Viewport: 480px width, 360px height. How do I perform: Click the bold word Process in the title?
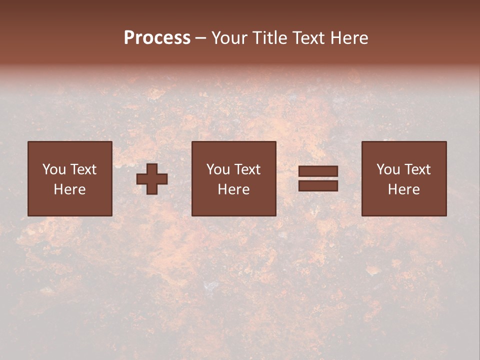(157, 38)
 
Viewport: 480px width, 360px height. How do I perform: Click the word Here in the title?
(349, 38)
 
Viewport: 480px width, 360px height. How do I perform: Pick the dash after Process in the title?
(201, 38)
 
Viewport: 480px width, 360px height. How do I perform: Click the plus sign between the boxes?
(152, 179)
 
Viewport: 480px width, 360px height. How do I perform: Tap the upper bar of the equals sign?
(318, 171)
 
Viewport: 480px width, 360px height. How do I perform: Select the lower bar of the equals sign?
(318, 186)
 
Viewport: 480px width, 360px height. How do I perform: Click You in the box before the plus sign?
(53, 169)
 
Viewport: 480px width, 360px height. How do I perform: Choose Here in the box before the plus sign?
(69, 189)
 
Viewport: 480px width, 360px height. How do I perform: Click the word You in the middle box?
(218, 169)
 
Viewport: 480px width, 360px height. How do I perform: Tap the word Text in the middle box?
(247, 169)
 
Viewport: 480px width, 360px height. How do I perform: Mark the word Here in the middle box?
(233, 189)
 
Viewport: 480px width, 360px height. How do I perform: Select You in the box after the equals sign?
(388, 169)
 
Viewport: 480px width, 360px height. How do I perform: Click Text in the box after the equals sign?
(417, 169)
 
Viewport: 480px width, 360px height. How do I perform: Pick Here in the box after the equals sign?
(403, 189)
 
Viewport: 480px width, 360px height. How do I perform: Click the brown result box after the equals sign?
(404, 205)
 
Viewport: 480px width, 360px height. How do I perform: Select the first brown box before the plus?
(69, 205)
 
